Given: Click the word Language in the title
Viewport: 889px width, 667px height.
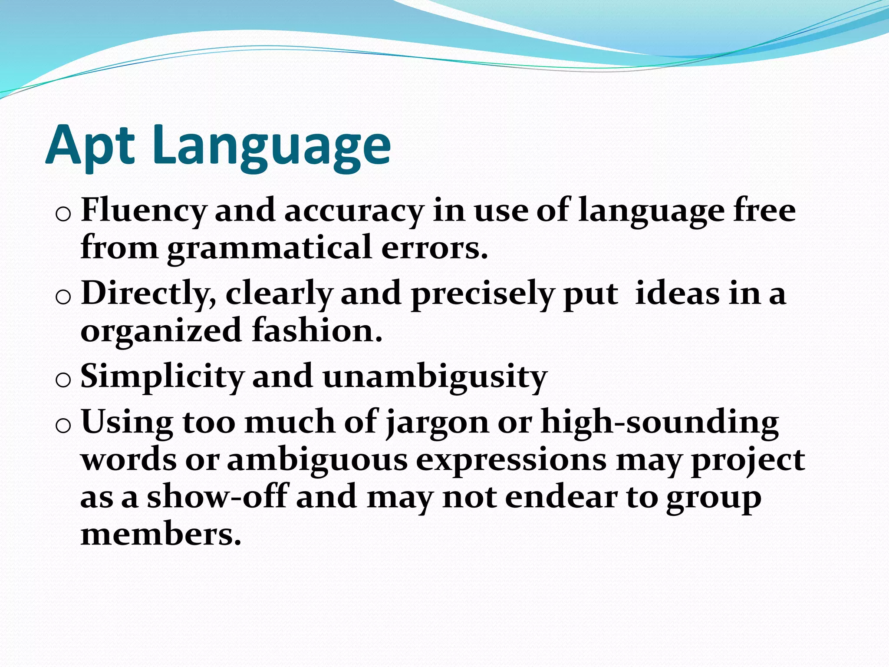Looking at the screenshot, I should [x=271, y=145].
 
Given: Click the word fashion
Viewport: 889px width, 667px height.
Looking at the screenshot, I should [x=317, y=330].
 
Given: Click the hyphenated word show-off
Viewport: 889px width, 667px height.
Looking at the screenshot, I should [x=217, y=497].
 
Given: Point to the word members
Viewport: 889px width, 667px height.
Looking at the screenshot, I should [x=161, y=534].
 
